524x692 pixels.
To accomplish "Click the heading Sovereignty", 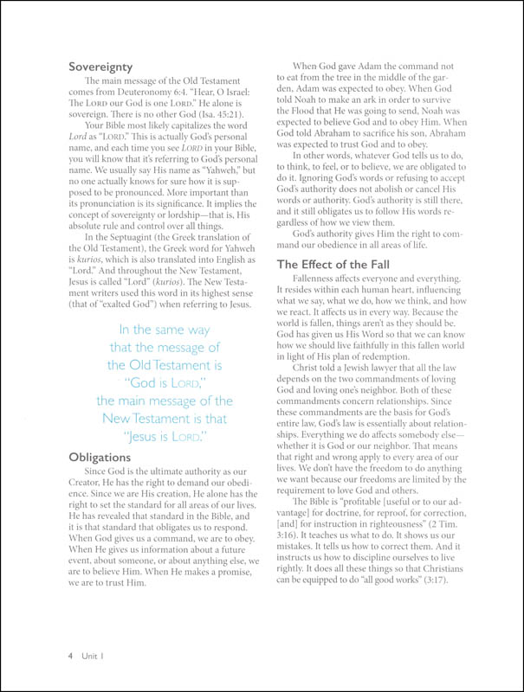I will click(107, 63).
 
